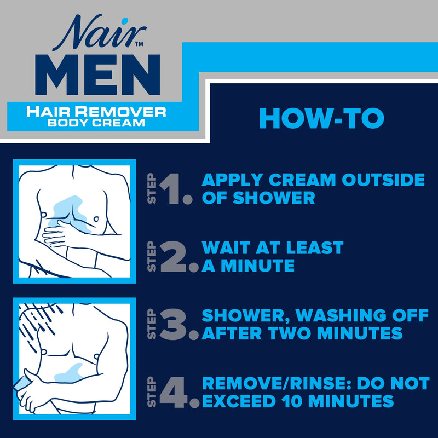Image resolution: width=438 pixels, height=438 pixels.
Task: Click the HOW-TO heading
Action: (321, 118)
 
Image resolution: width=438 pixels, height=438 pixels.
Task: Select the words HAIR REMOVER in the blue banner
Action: (97, 112)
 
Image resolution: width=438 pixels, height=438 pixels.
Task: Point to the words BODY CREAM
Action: (97, 123)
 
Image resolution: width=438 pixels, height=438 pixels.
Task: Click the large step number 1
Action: (175, 189)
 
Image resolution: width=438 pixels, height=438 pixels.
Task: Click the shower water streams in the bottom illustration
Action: (38, 323)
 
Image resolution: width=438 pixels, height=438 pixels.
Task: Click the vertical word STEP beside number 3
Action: (153, 325)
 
